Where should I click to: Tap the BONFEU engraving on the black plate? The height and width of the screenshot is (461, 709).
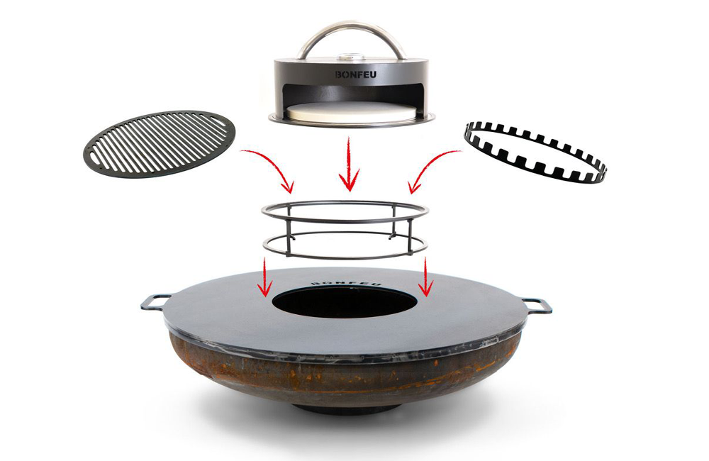(x=347, y=283)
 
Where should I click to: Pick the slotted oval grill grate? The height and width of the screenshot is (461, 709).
(x=159, y=143)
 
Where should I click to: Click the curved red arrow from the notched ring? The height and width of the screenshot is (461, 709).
(x=428, y=164)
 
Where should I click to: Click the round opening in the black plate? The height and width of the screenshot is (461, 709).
(x=345, y=301)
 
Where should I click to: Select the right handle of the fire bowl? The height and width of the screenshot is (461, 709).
(x=538, y=305)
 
